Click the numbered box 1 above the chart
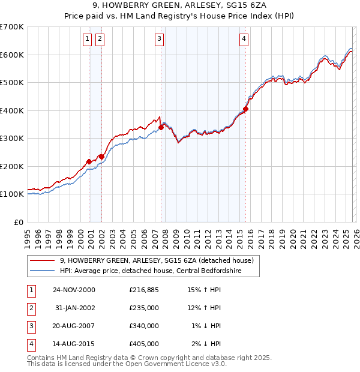click(x=88, y=40)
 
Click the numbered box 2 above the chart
click(x=100, y=40)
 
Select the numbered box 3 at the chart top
click(x=160, y=40)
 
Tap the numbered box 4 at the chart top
click(x=244, y=40)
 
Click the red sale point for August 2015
click(x=245, y=109)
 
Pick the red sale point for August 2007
click(x=161, y=127)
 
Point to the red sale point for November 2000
click(x=89, y=161)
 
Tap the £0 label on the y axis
click(x=18, y=222)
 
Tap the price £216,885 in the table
click(x=144, y=290)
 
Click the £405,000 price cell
click(x=144, y=344)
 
